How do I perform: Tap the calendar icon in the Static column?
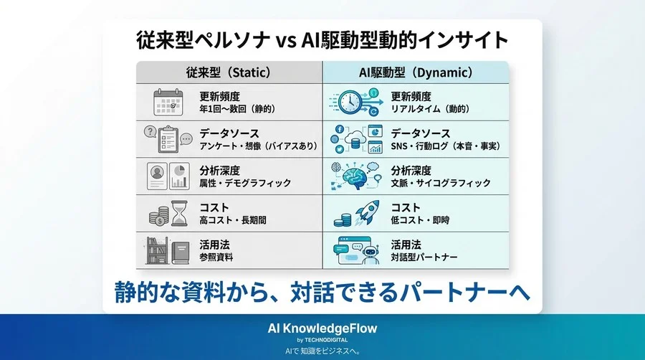point(170,102)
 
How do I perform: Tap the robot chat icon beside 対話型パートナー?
point(355,250)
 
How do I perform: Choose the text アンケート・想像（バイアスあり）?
point(256,146)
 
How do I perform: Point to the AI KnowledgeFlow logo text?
point(322,328)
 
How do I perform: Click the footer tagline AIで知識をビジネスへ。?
point(322,351)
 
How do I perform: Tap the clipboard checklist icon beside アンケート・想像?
point(166,139)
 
